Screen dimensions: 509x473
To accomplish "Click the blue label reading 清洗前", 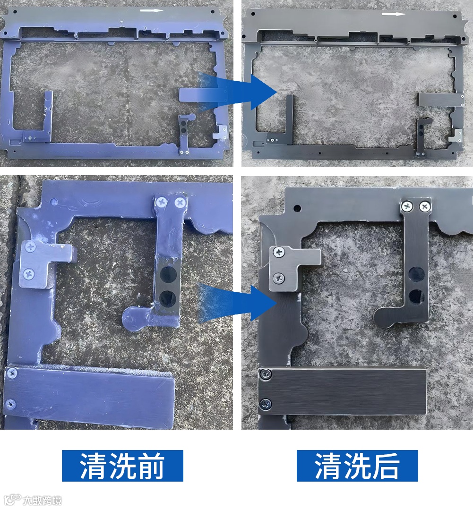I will [122, 466].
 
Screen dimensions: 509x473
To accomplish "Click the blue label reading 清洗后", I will [357, 466].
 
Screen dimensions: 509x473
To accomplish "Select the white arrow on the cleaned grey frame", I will [393, 14].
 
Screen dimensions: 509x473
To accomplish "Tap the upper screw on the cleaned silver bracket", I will [279, 252].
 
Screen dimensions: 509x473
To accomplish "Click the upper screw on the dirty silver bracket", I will [31, 246].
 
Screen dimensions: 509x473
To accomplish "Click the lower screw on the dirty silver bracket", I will [29, 272].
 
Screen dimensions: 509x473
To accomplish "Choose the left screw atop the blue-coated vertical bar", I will [162, 202].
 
